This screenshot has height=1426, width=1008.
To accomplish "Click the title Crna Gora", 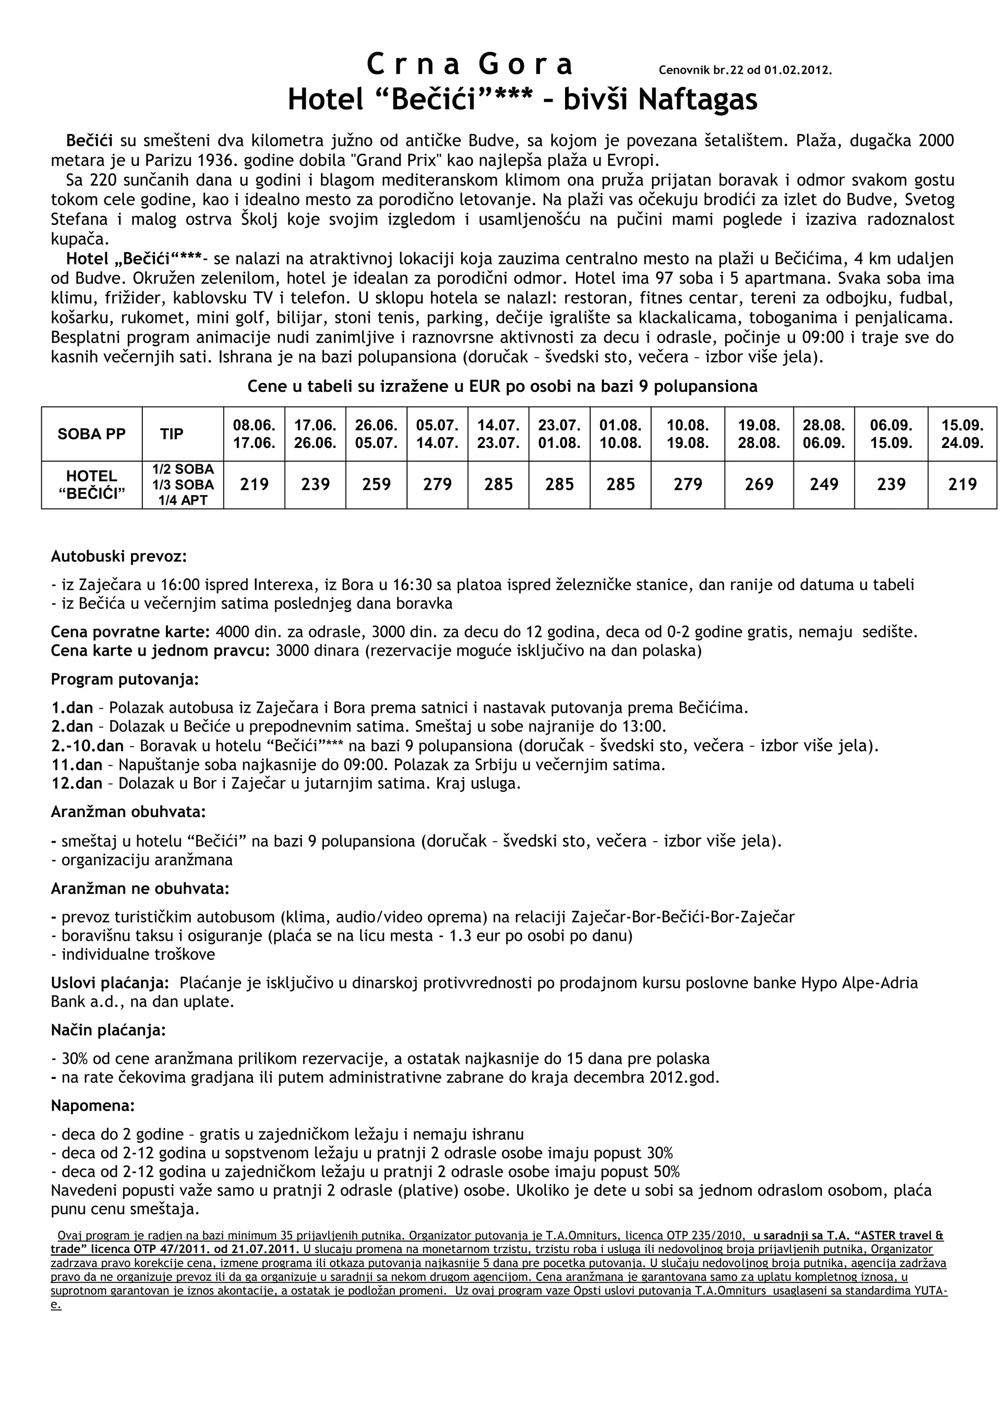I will (x=470, y=64).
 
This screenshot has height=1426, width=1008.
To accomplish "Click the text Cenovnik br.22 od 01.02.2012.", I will (x=745, y=70).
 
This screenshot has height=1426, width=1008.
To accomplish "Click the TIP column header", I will (x=171, y=434).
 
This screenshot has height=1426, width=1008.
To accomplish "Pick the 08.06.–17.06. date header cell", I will (x=254, y=434).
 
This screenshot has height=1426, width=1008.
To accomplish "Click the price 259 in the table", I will (x=377, y=484).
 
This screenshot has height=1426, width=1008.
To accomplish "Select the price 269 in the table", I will (x=759, y=484).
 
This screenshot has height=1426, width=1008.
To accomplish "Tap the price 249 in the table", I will (x=823, y=484).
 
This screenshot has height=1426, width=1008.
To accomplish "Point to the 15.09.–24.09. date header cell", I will (x=962, y=434).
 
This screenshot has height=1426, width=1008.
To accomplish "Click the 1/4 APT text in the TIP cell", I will (x=183, y=500).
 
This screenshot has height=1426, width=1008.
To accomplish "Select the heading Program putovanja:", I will (x=124, y=679).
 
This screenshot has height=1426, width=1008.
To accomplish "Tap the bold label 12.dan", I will (x=76, y=783).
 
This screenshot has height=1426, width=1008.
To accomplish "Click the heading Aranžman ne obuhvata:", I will (x=140, y=889).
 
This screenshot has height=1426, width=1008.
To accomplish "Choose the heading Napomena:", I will (x=93, y=1106).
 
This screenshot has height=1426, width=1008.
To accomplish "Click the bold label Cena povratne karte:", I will (x=130, y=632).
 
